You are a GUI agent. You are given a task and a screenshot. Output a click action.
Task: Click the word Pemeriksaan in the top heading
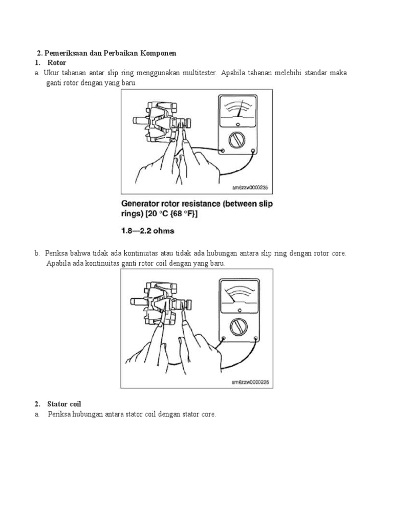click(65, 53)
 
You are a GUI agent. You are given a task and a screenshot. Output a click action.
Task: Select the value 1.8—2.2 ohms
click(147, 231)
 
